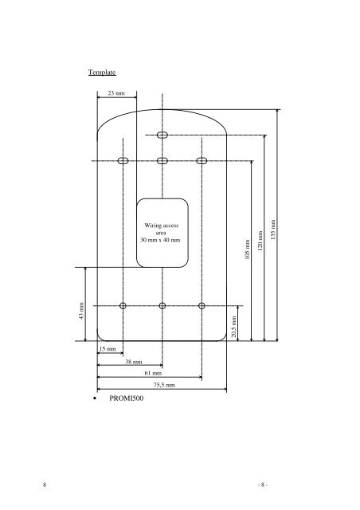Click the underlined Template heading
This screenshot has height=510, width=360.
102,73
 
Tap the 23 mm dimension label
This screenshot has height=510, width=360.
116,93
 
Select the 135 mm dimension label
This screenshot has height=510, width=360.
273,229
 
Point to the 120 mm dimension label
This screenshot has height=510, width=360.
260,241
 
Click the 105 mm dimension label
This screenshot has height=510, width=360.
247,249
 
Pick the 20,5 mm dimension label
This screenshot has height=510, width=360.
233,327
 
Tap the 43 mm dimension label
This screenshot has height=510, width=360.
81,311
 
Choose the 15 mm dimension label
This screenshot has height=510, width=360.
108,349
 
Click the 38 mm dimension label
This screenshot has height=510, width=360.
134,362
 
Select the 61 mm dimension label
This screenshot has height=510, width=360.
153,373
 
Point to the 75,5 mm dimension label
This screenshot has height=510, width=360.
164,385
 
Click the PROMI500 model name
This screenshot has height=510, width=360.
126,398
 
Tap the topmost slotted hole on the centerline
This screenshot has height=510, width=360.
162,135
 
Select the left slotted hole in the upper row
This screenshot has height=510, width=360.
123,161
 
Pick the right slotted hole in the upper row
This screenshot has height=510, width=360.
202,161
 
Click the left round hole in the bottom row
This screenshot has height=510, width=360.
123,306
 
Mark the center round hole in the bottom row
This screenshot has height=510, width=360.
162,306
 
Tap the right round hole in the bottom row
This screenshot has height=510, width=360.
202,306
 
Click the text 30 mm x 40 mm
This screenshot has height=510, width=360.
160,241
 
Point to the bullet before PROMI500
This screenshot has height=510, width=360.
95,398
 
